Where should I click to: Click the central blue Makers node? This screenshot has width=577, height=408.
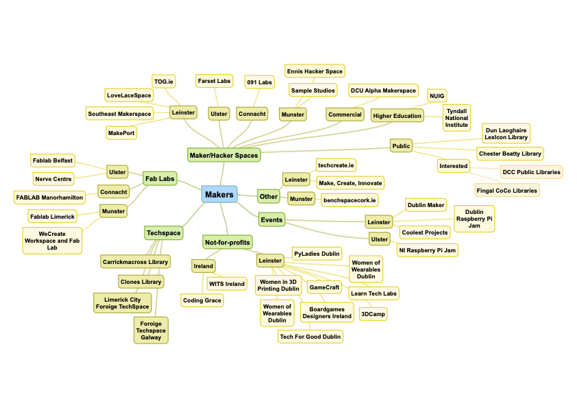click(219, 195)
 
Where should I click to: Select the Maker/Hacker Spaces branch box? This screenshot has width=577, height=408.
click(224, 156)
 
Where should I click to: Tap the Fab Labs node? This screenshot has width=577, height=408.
click(160, 179)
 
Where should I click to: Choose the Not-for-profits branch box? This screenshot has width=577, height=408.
click(228, 242)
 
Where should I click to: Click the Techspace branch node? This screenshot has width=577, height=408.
click(164, 233)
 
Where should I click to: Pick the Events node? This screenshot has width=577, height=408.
click(271, 220)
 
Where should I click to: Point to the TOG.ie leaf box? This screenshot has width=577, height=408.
click(164, 82)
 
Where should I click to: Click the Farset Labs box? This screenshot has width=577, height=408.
click(214, 81)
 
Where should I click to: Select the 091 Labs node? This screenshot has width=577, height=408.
click(259, 82)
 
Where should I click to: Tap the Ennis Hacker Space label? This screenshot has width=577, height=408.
click(315, 71)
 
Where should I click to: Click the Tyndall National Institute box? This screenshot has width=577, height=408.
click(457, 118)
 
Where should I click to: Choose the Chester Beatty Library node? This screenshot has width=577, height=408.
click(510, 154)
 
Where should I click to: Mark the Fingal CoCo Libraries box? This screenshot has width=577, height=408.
click(507, 189)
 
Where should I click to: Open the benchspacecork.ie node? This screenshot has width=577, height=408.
click(349, 200)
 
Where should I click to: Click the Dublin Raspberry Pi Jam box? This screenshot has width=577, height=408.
click(474, 219)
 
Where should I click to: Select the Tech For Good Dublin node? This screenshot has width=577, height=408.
click(310, 336)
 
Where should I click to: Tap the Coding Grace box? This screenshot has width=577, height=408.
click(202, 300)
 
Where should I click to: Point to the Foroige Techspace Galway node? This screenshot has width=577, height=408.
click(151, 330)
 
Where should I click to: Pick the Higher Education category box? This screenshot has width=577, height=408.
click(397, 116)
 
